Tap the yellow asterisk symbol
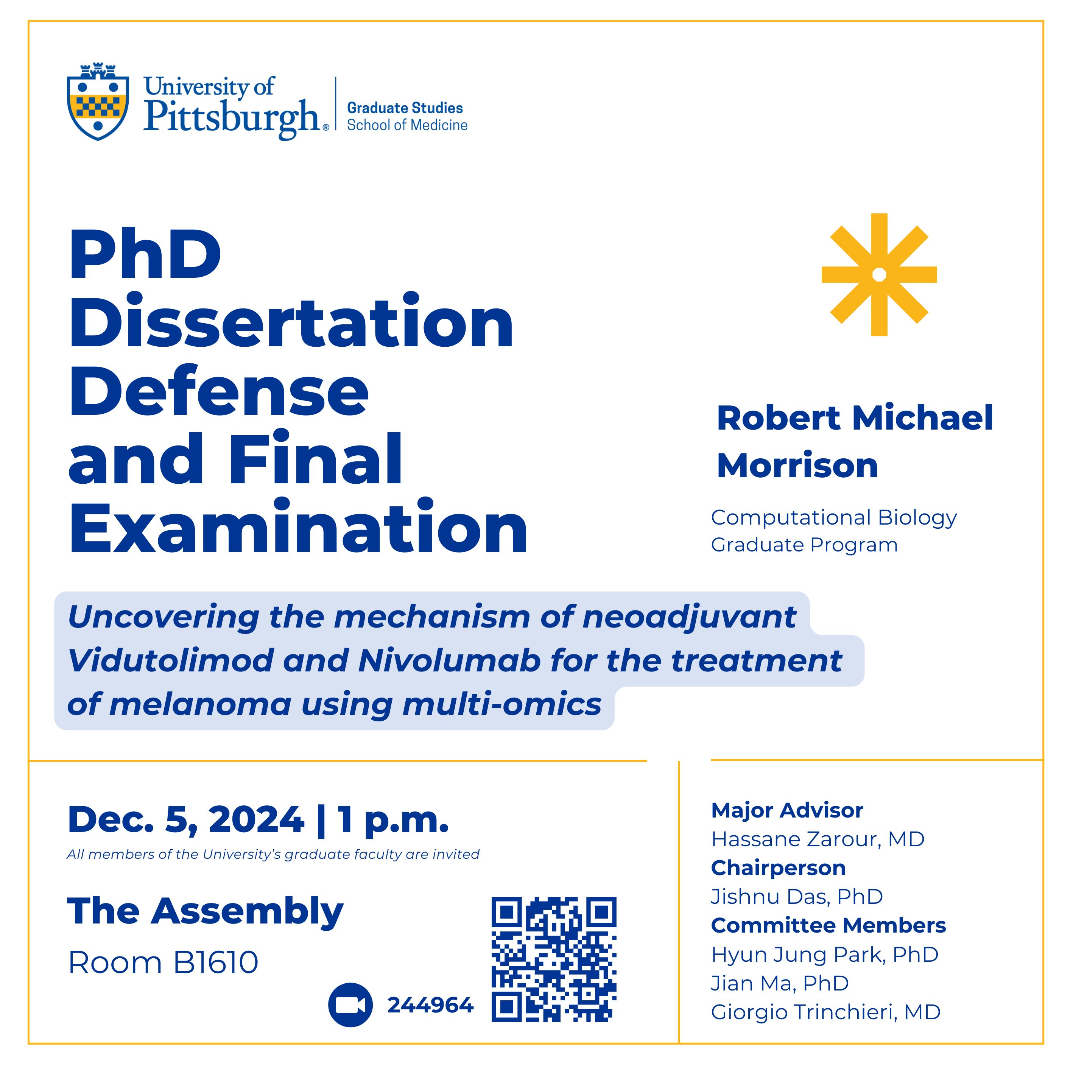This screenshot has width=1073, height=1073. coord(878,274)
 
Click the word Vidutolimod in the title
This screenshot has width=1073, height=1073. coord(170,661)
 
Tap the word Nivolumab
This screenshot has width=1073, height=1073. coord(449,661)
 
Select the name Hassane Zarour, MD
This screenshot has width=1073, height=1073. coord(818,839)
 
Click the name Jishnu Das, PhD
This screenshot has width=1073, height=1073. coord(796,896)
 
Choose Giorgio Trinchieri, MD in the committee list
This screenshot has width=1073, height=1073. coord(825,1012)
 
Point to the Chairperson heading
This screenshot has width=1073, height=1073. coord(778,867)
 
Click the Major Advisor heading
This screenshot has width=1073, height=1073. coord(787,810)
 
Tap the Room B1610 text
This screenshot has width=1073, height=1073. coord(163,962)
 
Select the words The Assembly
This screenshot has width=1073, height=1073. coord(206,911)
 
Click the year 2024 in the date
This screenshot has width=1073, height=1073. coord(257,820)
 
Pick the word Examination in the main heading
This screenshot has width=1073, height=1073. coord(298,528)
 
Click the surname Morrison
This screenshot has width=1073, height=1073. coord(797,466)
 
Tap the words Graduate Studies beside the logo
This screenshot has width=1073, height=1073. coord(405,108)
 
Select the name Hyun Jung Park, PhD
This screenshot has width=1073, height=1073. coord(824,954)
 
